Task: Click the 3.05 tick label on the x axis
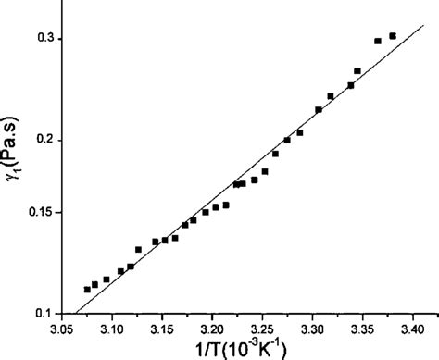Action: pos(61,329)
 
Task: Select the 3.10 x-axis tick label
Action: pos(111,329)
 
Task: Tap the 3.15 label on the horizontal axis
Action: pos(161,329)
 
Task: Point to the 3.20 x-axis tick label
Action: pos(212,329)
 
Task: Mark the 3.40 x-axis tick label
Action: pos(408,329)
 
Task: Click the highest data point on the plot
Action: pos(393,36)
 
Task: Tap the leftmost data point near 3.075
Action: pos(87,290)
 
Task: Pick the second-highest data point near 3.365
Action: pos(378,41)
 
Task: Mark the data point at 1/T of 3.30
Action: pos(319,110)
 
